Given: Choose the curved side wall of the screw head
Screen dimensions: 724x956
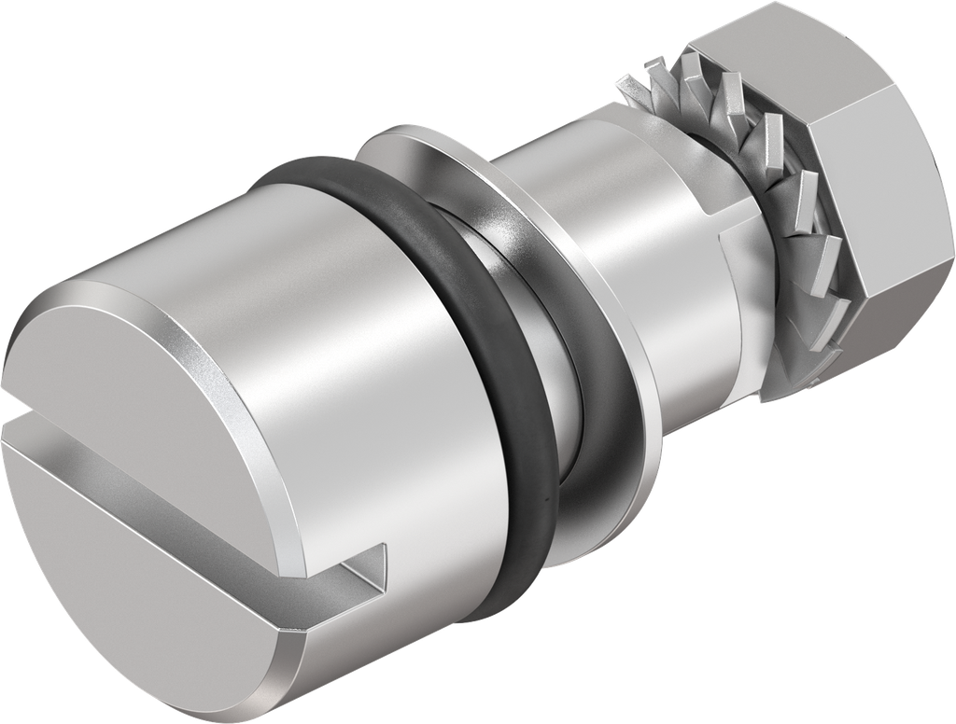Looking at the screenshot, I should point(373,373).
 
